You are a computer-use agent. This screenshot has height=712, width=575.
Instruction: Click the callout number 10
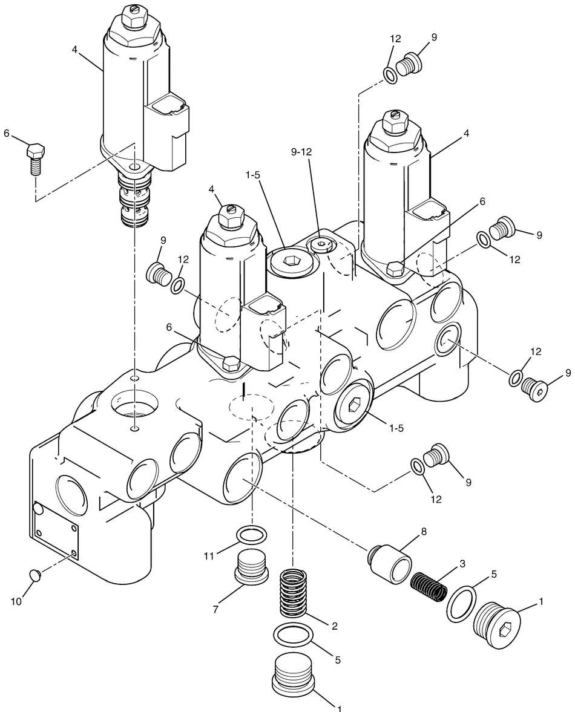[x=16, y=602]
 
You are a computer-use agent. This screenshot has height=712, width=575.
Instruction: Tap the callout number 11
[x=208, y=555]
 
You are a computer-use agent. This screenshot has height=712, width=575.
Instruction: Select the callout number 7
[x=215, y=609]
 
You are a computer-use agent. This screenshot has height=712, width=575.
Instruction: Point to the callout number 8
[x=424, y=531]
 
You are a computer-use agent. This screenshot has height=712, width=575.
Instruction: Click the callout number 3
[x=462, y=564]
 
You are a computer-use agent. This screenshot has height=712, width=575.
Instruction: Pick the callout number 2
[x=335, y=626]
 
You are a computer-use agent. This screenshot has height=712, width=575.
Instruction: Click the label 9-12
[x=301, y=152]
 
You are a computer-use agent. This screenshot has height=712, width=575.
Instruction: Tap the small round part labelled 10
[x=36, y=575]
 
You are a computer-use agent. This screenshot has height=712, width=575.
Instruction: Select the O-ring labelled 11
[x=252, y=535]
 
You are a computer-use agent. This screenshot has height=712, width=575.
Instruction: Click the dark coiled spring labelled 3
[x=429, y=586]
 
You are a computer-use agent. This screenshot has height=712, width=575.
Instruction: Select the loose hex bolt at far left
[x=35, y=159]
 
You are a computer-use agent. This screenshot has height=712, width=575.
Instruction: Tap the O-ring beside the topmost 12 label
[x=390, y=76]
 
